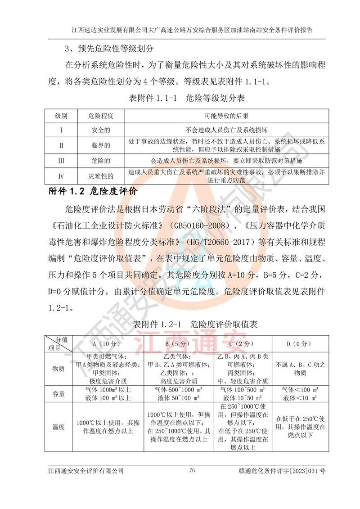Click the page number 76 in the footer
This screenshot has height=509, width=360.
tap(192, 471)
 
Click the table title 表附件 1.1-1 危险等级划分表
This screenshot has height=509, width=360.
tap(187, 97)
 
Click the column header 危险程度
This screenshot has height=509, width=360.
tap(101, 116)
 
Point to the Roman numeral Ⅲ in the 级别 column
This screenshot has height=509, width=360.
tap(61, 160)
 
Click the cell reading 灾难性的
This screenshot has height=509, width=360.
tap(101, 176)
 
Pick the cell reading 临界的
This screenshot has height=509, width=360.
tap(101, 145)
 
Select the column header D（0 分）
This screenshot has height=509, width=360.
tap(297, 343)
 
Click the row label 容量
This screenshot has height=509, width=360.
tap(58, 393)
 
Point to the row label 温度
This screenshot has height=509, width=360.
tap(58, 427)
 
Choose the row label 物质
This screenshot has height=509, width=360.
tap(58, 368)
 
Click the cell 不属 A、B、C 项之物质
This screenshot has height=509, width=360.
tap(297, 368)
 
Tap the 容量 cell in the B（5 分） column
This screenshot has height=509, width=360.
tap(179, 393)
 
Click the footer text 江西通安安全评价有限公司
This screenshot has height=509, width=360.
tap(86, 471)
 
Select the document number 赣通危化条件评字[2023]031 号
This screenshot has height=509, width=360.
tap(282, 471)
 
